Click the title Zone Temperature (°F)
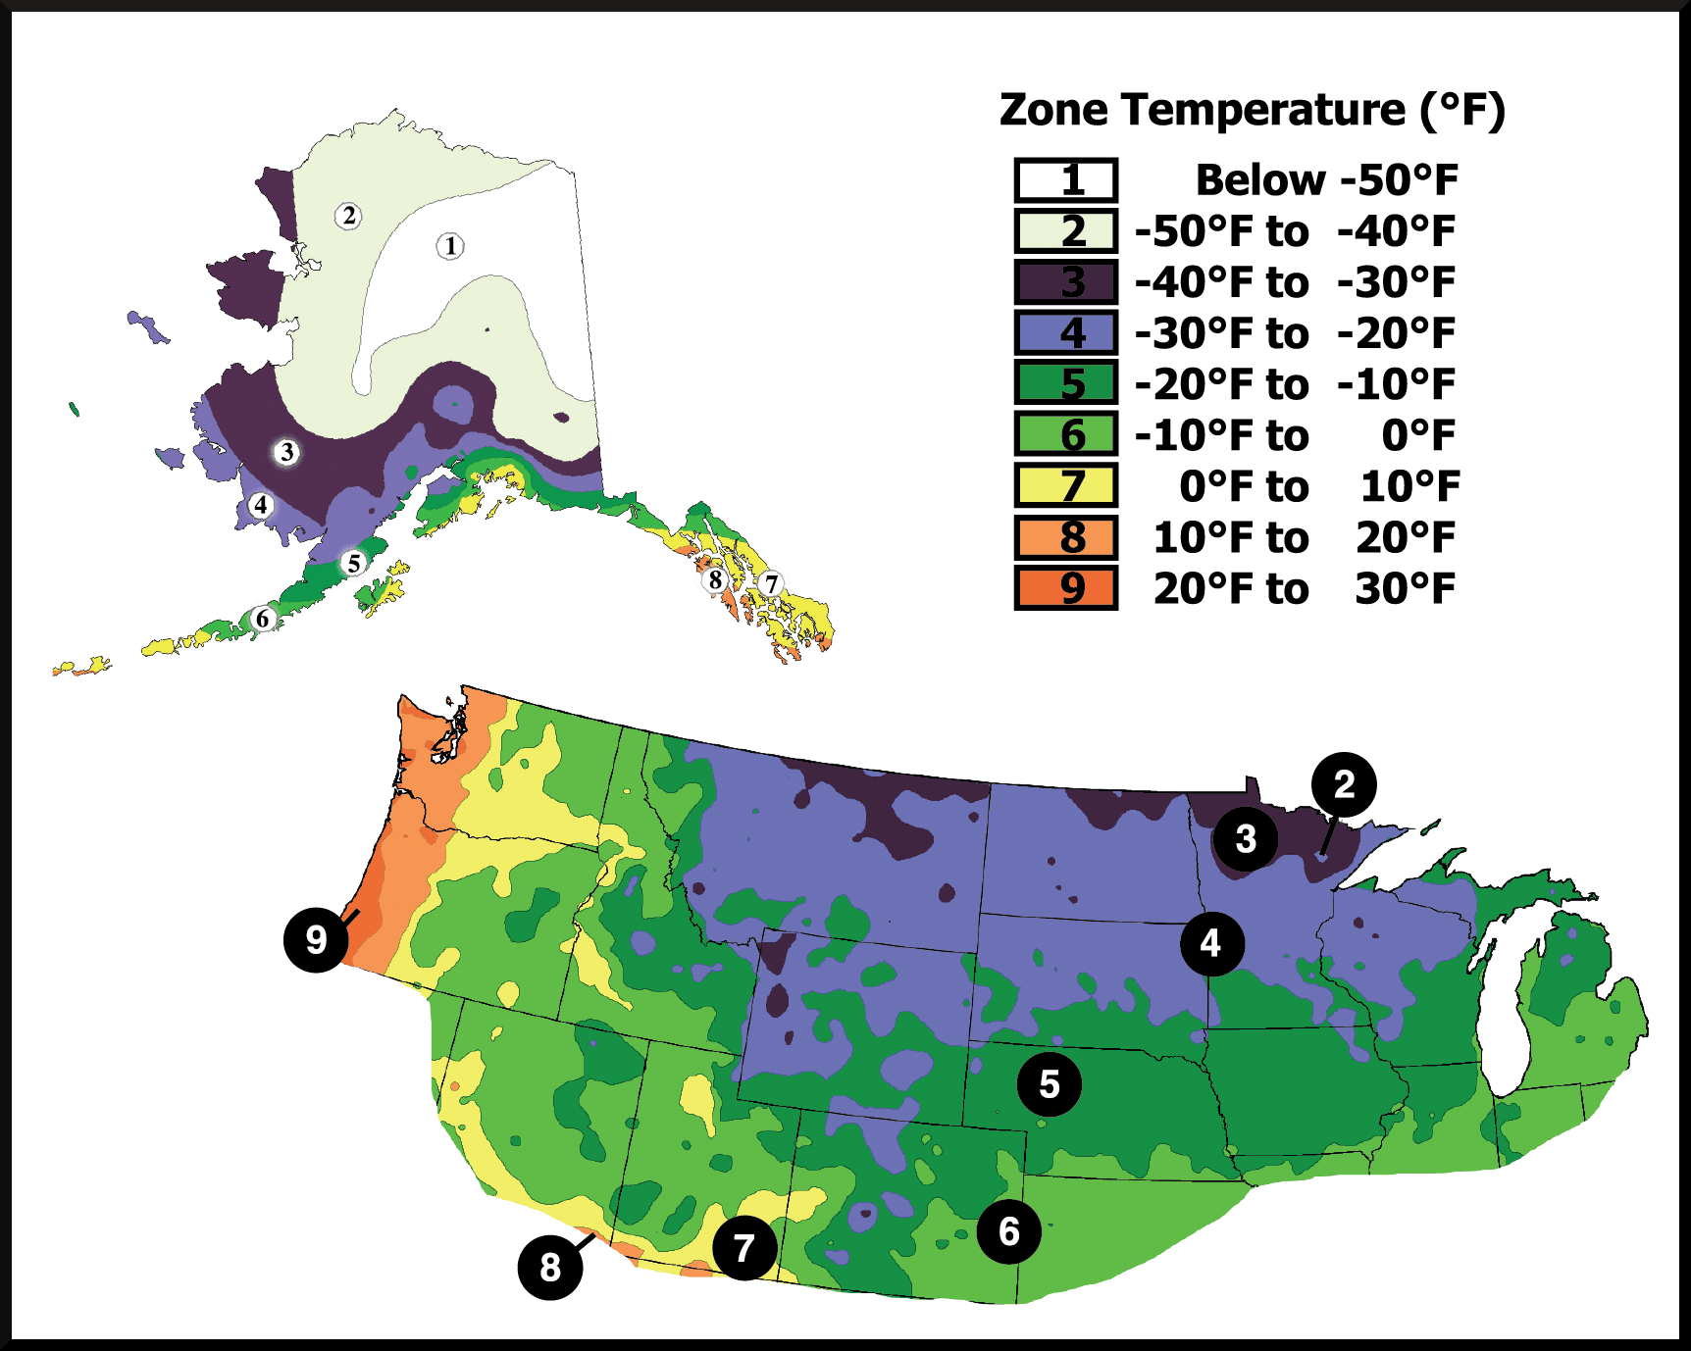pyautogui.click(x=1252, y=110)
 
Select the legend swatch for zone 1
pyautogui.click(x=1066, y=180)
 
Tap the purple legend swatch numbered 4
pyautogui.click(x=1066, y=333)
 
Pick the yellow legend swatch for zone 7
pyautogui.click(x=1066, y=486)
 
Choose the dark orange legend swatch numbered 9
pyautogui.click(x=1066, y=588)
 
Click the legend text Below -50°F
pyautogui.click(x=1326, y=180)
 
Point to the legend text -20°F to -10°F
pyautogui.click(x=1295, y=384)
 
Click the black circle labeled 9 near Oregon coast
pyautogui.click(x=316, y=939)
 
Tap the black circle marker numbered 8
pyautogui.click(x=550, y=1267)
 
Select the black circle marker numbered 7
pyautogui.click(x=744, y=1248)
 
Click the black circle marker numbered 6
pyautogui.click(x=1009, y=1231)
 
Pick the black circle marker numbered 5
pyautogui.click(x=1050, y=1084)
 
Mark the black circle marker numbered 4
pyautogui.click(x=1211, y=943)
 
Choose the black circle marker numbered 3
pyautogui.click(x=1246, y=839)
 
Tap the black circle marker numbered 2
pyautogui.click(x=1344, y=784)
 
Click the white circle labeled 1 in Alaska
pyautogui.click(x=450, y=246)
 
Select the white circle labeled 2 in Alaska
pyautogui.click(x=348, y=216)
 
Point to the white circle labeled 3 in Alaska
pyautogui.click(x=286, y=452)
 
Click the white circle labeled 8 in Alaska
pyautogui.click(x=715, y=580)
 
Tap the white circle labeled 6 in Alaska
pyautogui.click(x=262, y=619)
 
